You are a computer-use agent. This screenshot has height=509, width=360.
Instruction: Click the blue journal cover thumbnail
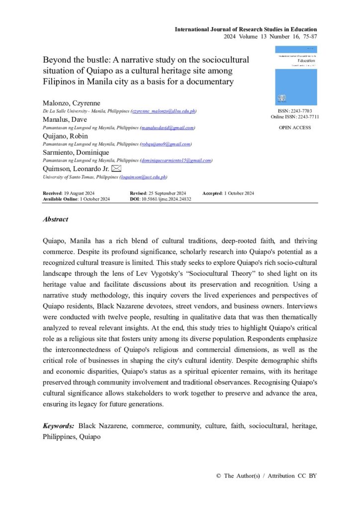(x=296, y=76)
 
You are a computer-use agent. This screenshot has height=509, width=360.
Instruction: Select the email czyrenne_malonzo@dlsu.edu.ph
(x=163, y=112)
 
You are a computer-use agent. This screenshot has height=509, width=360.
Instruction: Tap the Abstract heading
(x=56, y=219)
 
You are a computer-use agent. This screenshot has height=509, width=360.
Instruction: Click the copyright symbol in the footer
(x=218, y=476)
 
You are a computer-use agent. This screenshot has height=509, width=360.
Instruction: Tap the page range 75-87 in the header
(x=309, y=36)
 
